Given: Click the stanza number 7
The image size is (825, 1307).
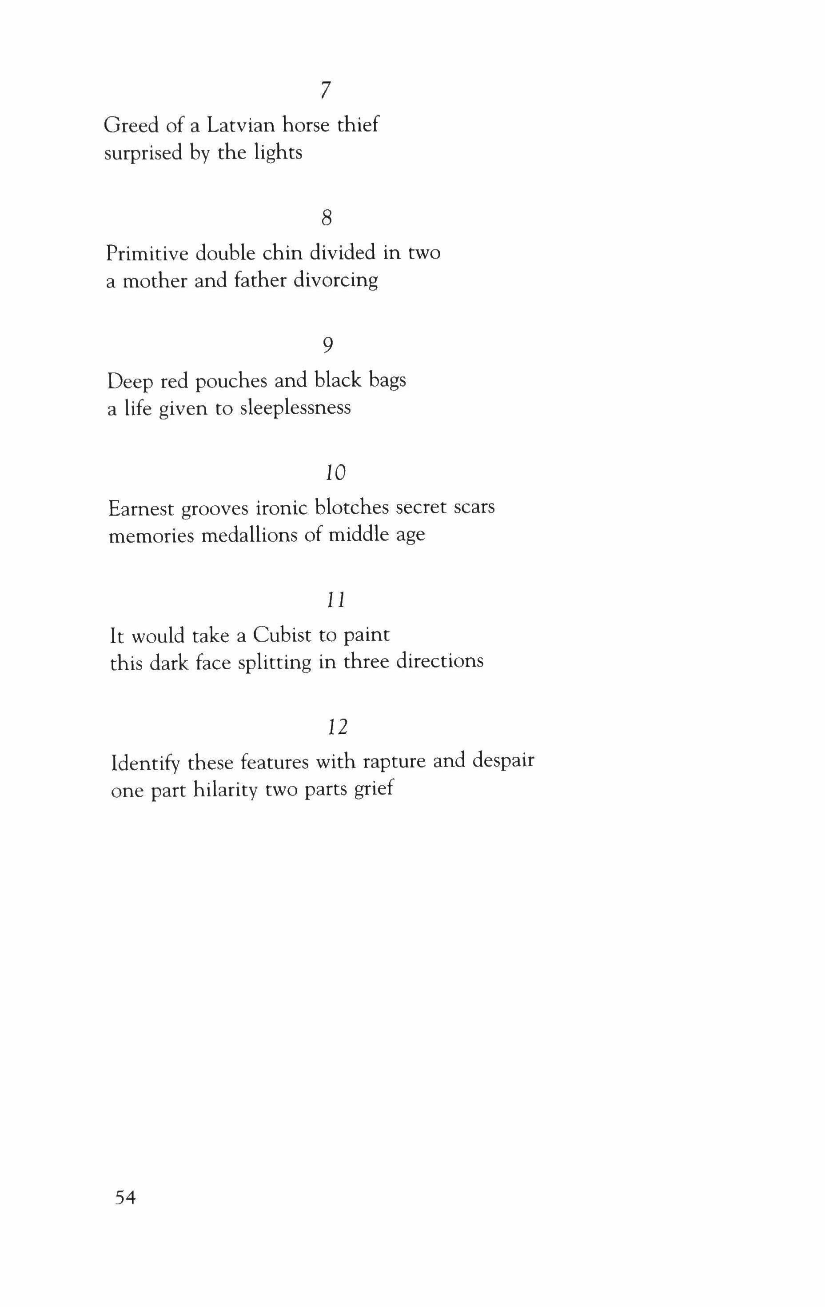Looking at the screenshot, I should tap(326, 90).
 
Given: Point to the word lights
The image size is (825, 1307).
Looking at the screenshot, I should tap(278, 152).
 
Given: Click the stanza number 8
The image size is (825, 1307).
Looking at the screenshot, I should tap(326, 218).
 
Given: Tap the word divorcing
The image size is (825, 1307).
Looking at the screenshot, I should tap(335, 280).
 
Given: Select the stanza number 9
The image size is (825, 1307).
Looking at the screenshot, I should tap(327, 345).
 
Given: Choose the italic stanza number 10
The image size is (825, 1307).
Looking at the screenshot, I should tap(335, 473).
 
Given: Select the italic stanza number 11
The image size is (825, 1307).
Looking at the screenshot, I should tap(336, 600).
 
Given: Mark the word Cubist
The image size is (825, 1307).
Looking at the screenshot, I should tap(282, 635).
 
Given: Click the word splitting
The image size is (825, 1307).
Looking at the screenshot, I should tap(275, 662).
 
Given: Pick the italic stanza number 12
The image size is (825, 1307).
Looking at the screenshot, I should tap(337, 726).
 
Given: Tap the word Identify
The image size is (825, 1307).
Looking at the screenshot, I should tap(145, 763).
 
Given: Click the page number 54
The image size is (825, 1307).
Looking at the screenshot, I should tap(125, 1197).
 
